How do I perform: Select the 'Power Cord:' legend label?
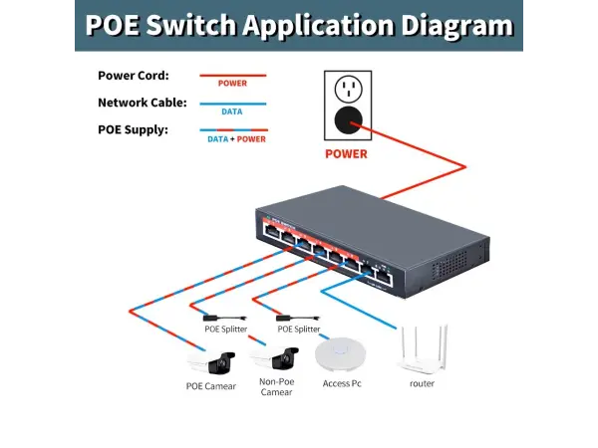[x=133, y=76]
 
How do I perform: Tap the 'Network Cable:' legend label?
[x=141, y=103]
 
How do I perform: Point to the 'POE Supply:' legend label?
[x=133, y=129]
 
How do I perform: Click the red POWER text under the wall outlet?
[x=346, y=154]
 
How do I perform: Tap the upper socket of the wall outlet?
[x=347, y=91]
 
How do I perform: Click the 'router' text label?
[x=422, y=383]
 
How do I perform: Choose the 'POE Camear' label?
[x=211, y=386]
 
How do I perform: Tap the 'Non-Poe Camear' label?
[x=276, y=386]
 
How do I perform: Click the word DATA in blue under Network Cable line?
[x=231, y=112]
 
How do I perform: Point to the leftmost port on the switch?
[x=270, y=232]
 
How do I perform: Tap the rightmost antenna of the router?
[x=445, y=338]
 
